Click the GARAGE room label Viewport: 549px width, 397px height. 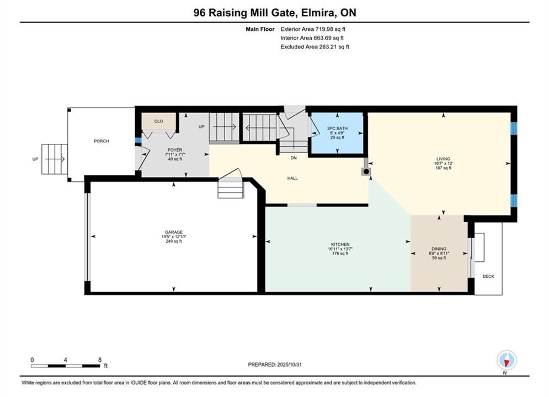pos(174,232)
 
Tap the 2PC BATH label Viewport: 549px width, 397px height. pos(337,128)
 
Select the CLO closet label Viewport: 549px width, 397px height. pos(158,121)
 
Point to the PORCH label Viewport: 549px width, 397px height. pos(101,141)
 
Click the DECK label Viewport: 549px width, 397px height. pos(488,276)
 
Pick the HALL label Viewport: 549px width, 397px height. pos(292,178)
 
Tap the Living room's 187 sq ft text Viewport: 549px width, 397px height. pos(443,168)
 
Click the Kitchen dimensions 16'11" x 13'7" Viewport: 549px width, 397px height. pos(340,249)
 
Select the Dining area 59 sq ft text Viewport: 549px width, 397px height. pos(439,258)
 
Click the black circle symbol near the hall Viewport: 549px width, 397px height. pos(366,171)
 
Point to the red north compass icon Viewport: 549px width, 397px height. pos(507,360)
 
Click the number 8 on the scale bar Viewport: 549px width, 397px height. pos(100,360)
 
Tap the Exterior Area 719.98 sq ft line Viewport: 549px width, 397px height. pos(313,29)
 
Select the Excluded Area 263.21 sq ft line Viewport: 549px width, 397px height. pos(315,47)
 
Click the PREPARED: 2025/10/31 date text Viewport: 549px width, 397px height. pos(275,364)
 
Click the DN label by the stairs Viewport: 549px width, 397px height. pos(294,158)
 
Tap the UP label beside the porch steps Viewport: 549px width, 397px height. pos(35,159)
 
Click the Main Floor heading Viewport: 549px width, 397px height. pos(260,29)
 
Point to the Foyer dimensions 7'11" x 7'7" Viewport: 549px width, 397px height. pos(175,154)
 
